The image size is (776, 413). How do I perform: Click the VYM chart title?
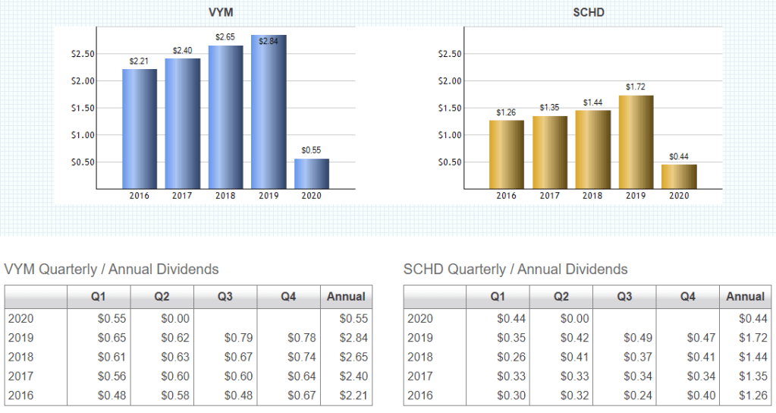(220, 13)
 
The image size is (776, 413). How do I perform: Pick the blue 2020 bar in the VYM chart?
(312, 173)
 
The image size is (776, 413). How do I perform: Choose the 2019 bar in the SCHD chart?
(636, 141)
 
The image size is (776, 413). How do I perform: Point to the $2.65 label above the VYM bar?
(225, 36)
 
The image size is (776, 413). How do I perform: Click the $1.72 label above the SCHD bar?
(636, 87)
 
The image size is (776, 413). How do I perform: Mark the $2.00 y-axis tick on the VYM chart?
(83, 81)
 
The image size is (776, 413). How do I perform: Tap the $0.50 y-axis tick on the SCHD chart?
(451, 162)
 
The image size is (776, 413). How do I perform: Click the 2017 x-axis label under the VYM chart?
(182, 196)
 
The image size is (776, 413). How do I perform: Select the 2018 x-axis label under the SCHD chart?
(592, 196)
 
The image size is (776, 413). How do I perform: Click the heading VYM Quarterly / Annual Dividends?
(112, 270)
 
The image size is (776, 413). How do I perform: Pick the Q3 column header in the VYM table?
(225, 297)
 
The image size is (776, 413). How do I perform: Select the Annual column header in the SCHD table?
(745, 297)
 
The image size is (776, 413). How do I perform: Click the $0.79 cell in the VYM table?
(237, 338)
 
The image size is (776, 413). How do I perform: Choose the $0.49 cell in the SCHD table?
(636, 338)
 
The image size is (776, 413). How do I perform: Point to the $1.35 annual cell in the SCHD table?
(751, 377)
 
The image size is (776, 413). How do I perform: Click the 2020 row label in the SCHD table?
(420, 319)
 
